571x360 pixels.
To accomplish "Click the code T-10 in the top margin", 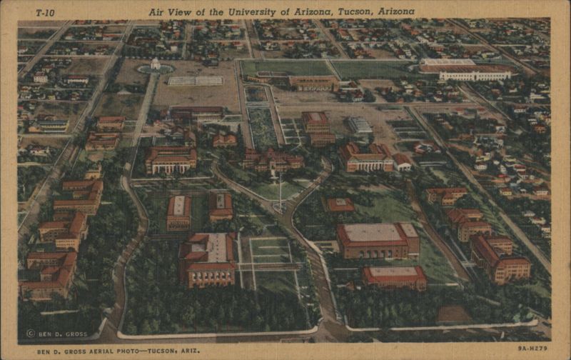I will [45, 12].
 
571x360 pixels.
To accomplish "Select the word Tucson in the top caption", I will [355, 12].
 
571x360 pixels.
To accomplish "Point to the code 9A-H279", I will [532, 349].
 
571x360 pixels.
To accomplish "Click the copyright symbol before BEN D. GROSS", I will [31, 334].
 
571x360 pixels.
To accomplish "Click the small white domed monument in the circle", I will [155, 64].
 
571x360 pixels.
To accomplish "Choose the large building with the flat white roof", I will [378, 239].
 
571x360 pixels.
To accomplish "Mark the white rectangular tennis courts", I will [195, 81].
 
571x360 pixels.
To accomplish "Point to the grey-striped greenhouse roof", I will [360, 125].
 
